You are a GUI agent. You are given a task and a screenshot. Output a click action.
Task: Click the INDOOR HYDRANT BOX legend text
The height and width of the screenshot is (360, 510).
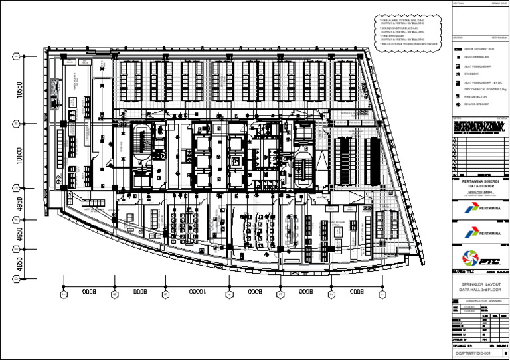478,49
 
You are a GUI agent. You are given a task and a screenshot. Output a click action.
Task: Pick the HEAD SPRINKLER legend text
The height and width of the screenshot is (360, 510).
475,58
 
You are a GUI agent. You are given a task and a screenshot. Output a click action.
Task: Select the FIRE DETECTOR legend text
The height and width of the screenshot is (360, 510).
475,97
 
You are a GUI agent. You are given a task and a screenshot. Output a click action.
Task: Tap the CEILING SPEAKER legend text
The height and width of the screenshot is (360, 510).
476,104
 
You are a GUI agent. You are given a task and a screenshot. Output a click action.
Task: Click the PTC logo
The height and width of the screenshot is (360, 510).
480,258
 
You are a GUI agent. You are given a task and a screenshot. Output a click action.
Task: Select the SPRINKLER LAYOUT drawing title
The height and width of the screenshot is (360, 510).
480,284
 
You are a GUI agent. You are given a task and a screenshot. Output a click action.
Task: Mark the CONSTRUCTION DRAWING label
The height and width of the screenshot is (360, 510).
480,302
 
